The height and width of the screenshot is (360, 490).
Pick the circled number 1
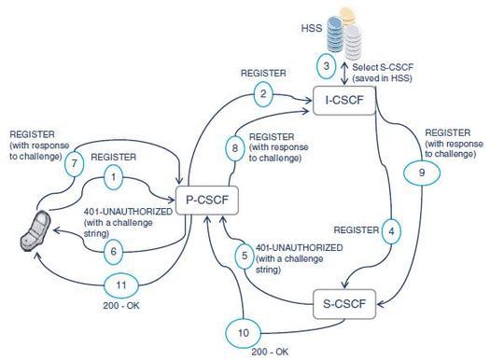[x=113, y=174]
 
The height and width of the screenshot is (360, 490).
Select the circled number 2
[x=266, y=94]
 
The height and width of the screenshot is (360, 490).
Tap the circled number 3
[x=326, y=66]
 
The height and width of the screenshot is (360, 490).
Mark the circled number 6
[x=113, y=250]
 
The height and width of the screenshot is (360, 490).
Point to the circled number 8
[x=235, y=147]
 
